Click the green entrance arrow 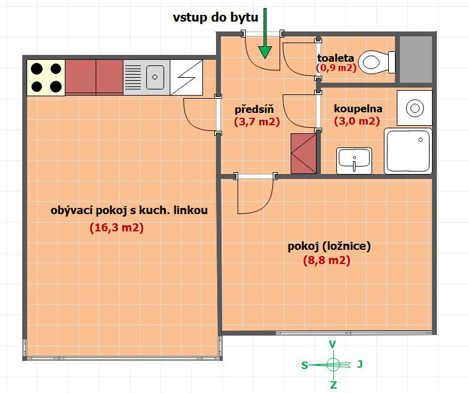[x=265, y=33]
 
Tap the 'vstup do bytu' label [x=215, y=17]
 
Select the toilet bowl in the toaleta [x=377, y=62]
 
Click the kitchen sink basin [x=156, y=77]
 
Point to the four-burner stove [x=46, y=78]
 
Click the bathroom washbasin [x=354, y=160]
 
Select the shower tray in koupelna [x=408, y=151]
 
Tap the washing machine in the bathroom [x=415, y=108]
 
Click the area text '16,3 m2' [x=117, y=228]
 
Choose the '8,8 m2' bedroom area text [x=326, y=260]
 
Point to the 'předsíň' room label [x=254, y=109]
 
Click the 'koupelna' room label [x=358, y=109]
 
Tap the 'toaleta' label [x=336, y=58]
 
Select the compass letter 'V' [x=332, y=344]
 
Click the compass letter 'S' [x=304, y=365]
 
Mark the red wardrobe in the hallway [x=304, y=154]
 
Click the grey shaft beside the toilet [x=416, y=59]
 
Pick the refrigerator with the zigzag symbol [x=186, y=78]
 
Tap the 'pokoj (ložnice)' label [x=329, y=246]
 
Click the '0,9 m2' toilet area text [x=336, y=68]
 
